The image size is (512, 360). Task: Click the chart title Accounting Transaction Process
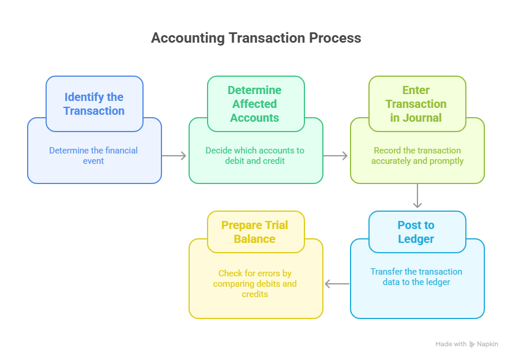256,38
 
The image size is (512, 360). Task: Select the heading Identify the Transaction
94,104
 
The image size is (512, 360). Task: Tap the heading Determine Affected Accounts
254,104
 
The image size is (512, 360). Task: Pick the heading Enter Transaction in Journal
416,104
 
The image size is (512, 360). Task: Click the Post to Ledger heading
416,232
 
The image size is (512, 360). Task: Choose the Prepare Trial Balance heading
254,232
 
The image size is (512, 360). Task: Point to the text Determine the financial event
93,155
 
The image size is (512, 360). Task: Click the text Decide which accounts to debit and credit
255,155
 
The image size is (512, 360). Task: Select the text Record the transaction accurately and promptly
417,155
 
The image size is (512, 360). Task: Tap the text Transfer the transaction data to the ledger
416,276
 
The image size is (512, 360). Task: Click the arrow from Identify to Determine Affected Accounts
175,156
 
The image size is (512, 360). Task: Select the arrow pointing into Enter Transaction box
336,156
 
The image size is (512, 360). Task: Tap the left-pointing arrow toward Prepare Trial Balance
337,284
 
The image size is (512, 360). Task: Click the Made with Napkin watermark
466,344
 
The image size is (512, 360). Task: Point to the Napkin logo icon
472,344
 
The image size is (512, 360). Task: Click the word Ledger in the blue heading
416,239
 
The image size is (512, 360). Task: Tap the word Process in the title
334,38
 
